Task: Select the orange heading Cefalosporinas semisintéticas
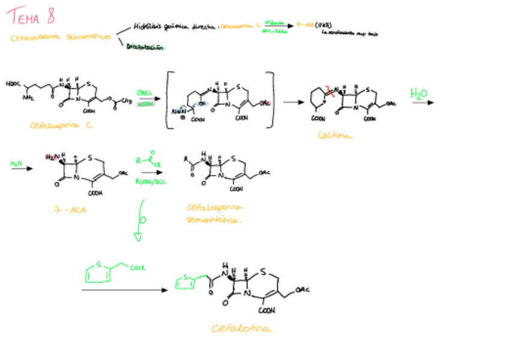[x=60, y=37]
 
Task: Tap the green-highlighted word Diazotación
[x=145, y=49]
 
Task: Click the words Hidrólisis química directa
[x=174, y=26]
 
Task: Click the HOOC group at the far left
[x=12, y=83]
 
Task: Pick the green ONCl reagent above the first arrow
[x=144, y=93]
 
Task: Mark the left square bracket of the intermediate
[x=169, y=100]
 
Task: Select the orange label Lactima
[x=336, y=136]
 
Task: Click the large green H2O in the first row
[x=419, y=94]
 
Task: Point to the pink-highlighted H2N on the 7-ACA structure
[x=53, y=157]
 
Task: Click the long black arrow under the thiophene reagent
[x=124, y=290]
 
